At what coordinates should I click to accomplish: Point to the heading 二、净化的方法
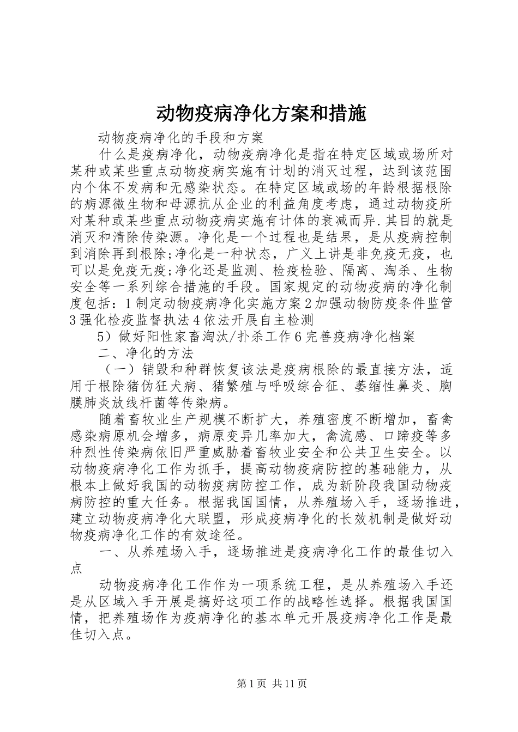(x=146, y=353)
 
